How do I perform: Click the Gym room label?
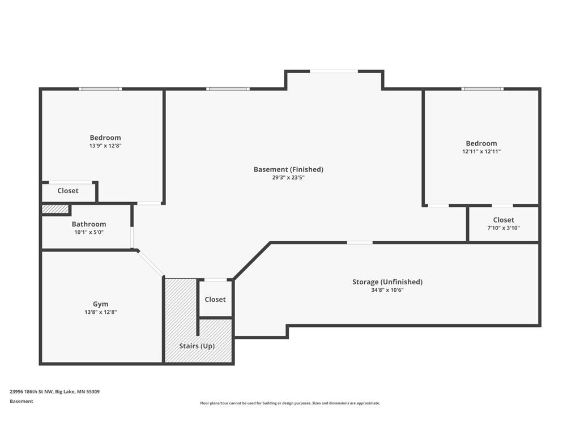(101, 304)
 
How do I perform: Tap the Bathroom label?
(89, 224)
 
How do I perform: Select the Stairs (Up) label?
(197, 346)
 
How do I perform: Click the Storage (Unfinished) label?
(387, 282)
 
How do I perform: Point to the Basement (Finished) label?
(288, 169)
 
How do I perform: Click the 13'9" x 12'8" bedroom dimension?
(105, 146)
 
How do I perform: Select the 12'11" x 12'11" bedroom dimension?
(481, 151)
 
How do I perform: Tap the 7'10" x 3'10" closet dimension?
(504, 228)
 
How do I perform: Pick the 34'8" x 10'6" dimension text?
(387, 290)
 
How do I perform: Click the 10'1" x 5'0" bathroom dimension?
(89, 232)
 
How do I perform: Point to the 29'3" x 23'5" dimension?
(288, 177)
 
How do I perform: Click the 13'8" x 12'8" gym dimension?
(101, 312)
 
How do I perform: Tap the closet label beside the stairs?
(215, 299)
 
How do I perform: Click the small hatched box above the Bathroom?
(55, 210)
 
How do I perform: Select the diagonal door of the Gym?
(151, 263)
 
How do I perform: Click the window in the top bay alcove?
(334, 71)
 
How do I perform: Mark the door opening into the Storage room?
(360, 242)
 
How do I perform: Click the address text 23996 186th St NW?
(31, 392)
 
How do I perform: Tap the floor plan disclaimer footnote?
(290, 403)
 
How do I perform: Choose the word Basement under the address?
(22, 402)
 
